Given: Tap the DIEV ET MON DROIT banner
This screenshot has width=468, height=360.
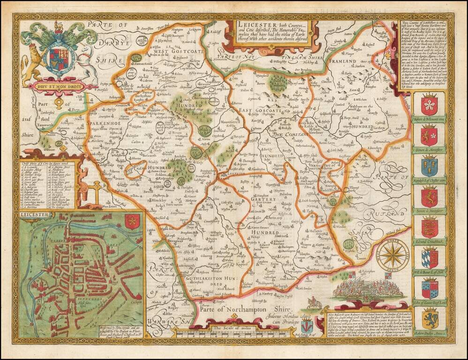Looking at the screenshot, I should coord(58,86).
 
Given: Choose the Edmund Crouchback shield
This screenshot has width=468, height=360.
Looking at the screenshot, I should coord(429,227).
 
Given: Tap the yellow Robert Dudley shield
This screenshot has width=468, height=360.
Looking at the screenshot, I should coord(429,319).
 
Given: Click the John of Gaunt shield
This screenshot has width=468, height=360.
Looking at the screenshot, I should coord(429,289).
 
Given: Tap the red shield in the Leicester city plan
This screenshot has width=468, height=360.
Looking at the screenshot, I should coord(133,220).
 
